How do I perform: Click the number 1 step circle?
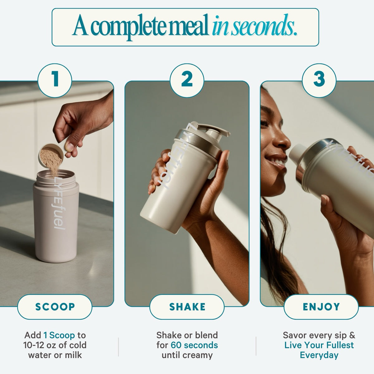coord(55,80)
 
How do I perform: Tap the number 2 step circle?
coord(187,80)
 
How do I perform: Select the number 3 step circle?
coord(319,80)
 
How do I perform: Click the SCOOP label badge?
coord(55,307)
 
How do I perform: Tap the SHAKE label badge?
coord(187,307)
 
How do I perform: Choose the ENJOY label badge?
coord(321,307)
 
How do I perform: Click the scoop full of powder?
coord(51,156)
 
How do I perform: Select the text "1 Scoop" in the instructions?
coord(59,335)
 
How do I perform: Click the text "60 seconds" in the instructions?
coord(194,345)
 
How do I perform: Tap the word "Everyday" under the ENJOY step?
coord(319,355)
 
